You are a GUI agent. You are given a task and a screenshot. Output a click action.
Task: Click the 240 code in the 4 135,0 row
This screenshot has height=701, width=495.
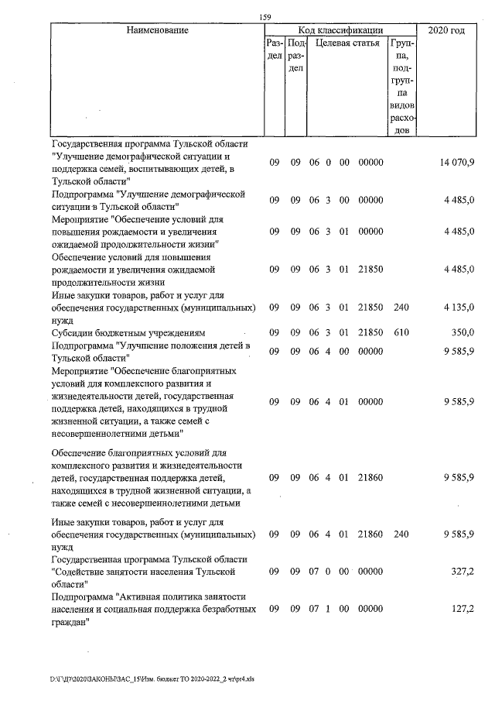[400, 308]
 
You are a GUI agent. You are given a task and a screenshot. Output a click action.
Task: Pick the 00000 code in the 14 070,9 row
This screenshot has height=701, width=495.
[371, 162]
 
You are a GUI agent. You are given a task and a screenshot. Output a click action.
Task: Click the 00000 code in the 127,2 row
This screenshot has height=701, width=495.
[371, 609]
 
